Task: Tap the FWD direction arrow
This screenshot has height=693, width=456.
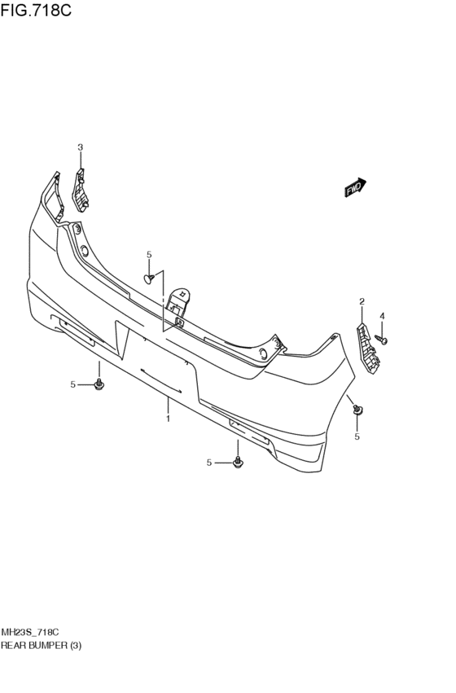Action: (354, 188)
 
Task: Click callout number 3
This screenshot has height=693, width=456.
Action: (80, 147)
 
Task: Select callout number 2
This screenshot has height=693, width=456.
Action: (362, 302)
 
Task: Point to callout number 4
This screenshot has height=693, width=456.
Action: (381, 316)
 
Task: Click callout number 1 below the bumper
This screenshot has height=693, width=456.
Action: (167, 419)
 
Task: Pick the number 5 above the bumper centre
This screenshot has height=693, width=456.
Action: (149, 255)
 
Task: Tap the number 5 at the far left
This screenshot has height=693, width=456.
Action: (72, 384)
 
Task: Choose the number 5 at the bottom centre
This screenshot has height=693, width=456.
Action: (208, 463)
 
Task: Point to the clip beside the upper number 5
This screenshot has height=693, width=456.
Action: (149, 279)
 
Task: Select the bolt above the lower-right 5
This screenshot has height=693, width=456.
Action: (357, 411)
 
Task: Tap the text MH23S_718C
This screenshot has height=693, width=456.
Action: (29, 632)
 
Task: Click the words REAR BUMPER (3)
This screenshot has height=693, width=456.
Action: (42, 645)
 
